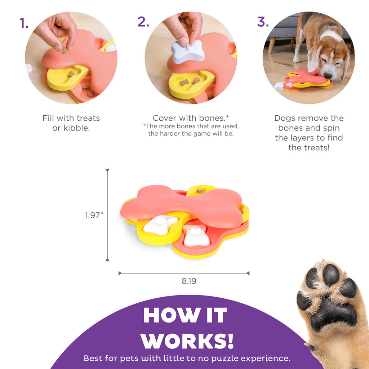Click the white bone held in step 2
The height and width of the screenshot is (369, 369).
[x=187, y=52]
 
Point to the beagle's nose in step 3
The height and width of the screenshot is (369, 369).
[x=328, y=76]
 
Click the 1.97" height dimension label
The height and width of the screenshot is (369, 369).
[x=94, y=215]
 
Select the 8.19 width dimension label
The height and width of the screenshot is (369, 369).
[x=189, y=281]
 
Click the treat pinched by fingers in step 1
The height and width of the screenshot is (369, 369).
[x=65, y=50]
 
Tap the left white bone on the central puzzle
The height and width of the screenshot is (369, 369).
[x=160, y=225]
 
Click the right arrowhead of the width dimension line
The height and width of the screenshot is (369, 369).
[x=248, y=273]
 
